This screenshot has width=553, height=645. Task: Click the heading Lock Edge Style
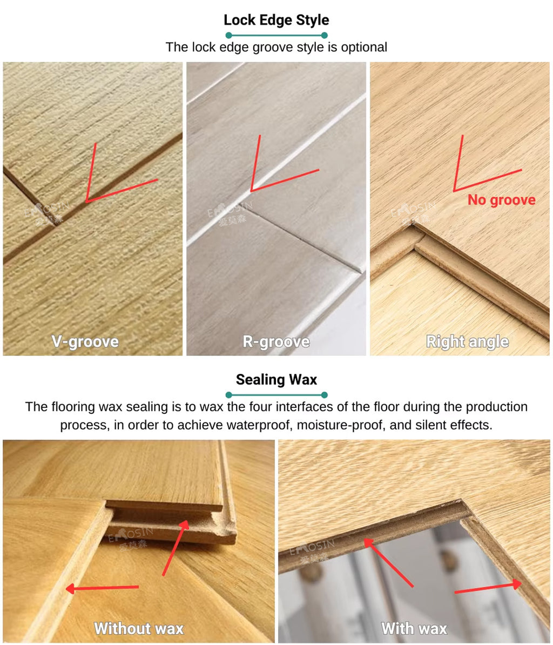click(276, 21)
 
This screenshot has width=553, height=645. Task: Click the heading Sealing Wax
click(276, 379)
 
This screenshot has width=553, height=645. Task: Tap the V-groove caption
click(85, 341)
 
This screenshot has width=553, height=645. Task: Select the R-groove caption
click(276, 341)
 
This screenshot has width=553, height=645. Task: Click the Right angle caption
click(467, 341)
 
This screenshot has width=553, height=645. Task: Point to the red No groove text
click(501, 200)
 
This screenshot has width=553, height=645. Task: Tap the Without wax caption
click(139, 628)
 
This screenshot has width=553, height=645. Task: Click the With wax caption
click(414, 628)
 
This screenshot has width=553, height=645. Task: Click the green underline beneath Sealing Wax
click(276, 395)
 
